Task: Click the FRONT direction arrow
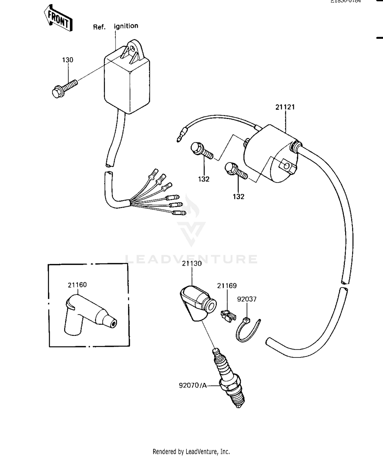58,19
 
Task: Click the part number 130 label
68,60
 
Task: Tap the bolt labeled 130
64,88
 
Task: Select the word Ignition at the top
126,26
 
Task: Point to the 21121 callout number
285,107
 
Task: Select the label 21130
192,263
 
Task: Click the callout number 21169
227,286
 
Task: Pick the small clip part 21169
228,317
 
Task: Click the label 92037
247,299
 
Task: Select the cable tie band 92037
246,331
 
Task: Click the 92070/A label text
193,385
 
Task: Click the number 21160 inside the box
77,285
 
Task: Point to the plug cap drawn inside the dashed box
87,315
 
